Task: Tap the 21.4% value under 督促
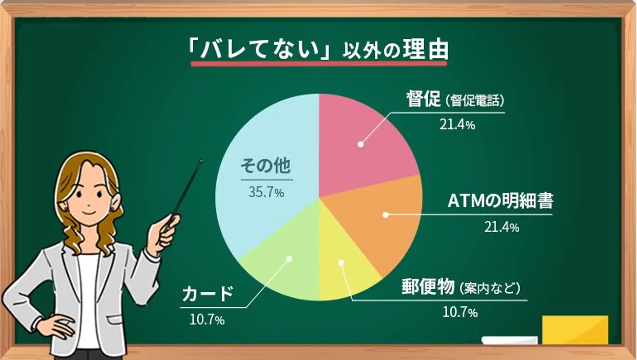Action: (x=457, y=125)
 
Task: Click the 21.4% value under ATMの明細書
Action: (x=501, y=228)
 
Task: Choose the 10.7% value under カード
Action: (x=207, y=320)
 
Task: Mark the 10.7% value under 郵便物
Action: (x=460, y=313)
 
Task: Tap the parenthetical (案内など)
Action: (x=489, y=289)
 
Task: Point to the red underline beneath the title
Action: (x=318, y=63)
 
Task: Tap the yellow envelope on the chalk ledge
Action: (x=575, y=330)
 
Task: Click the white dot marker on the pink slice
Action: (x=361, y=144)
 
